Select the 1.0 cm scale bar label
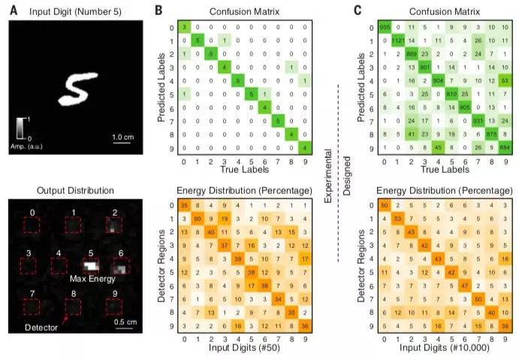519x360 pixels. tap(124, 138)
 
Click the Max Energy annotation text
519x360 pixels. tap(92, 279)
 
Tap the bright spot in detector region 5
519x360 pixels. tap(92, 265)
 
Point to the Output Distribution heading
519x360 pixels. tap(75, 189)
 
